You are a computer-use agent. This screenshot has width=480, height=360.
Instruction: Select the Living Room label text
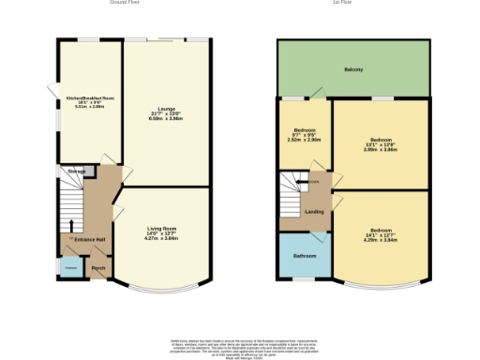tap(163, 229)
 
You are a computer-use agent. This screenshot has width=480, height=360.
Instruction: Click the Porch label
tap(98, 269)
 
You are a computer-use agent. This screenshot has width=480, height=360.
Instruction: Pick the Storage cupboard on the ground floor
tap(77, 172)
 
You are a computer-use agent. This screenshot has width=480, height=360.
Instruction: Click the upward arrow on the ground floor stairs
tap(71, 226)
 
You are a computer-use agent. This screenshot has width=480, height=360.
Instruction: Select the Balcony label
tap(352, 70)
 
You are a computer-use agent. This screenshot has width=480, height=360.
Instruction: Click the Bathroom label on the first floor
tap(305, 255)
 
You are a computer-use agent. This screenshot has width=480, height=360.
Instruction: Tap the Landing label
tap(315, 212)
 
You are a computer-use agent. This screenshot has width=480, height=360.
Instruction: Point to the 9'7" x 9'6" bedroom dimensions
tap(305, 135)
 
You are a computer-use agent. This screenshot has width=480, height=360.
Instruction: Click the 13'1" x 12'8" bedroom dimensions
tap(380, 144)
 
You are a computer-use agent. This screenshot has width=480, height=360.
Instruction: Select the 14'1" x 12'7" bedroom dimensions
tap(380, 235)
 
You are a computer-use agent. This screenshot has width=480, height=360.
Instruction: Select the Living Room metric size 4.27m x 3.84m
tap(163, 239)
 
